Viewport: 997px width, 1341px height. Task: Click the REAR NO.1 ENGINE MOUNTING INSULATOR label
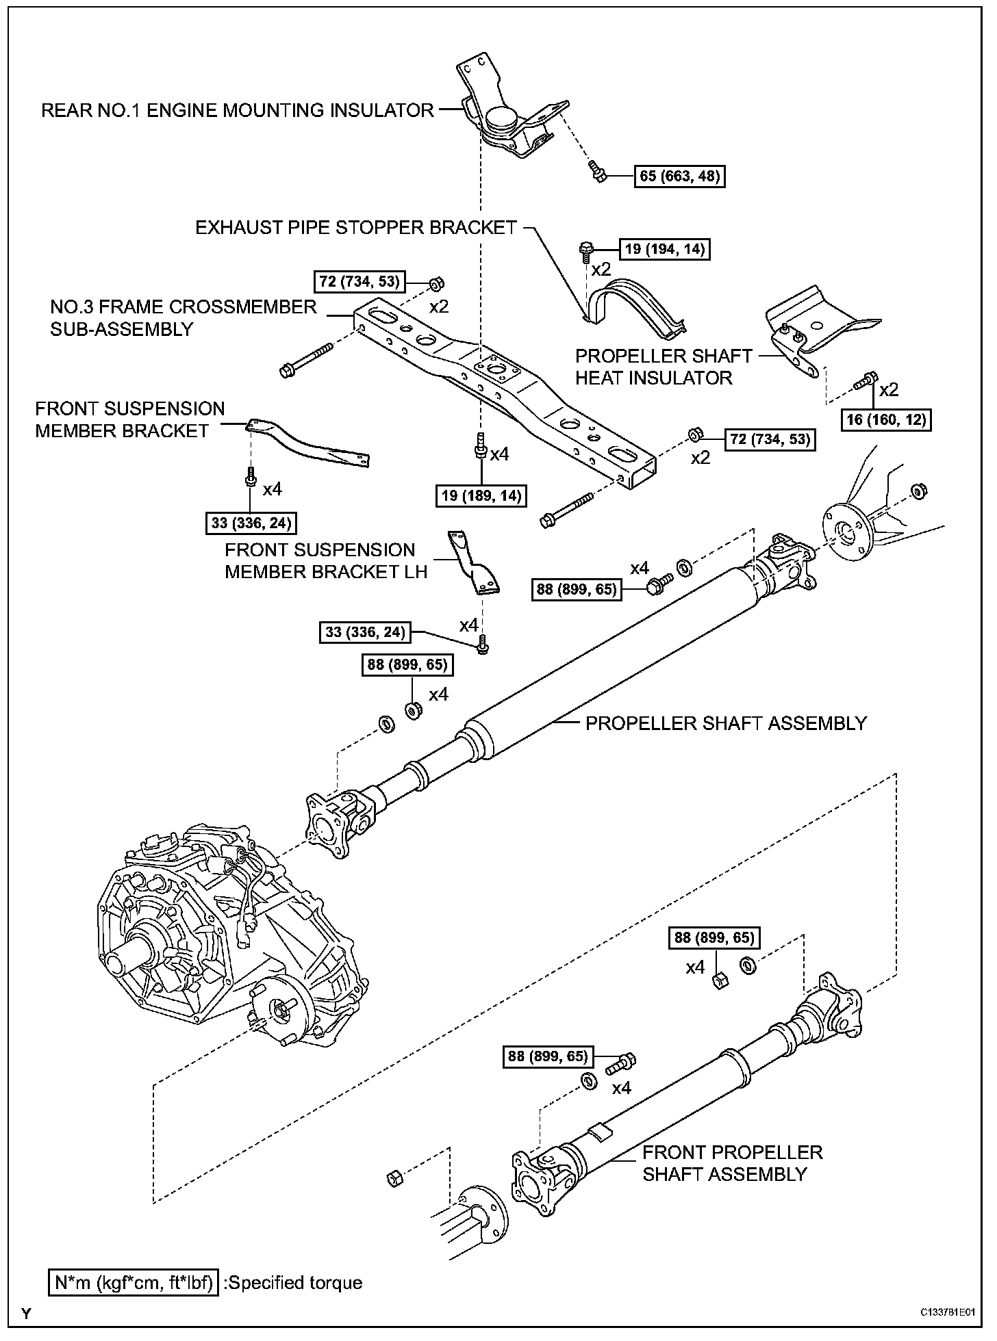coord(237,111)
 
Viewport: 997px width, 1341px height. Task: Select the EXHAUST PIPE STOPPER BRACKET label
coord(355,228)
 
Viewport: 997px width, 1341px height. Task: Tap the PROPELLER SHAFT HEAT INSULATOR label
coord(653,367)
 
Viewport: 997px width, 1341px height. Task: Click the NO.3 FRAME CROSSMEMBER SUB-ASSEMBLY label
coord(183,317)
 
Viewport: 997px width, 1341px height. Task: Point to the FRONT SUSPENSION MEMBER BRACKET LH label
coord(326,561)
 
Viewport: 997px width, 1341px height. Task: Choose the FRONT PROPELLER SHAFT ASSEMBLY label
coord(731,1163)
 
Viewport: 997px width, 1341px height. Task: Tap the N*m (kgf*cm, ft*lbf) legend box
coord(134,1282)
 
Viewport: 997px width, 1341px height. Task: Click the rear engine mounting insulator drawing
coord(510,116)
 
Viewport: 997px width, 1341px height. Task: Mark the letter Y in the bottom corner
coord(26,1313)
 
